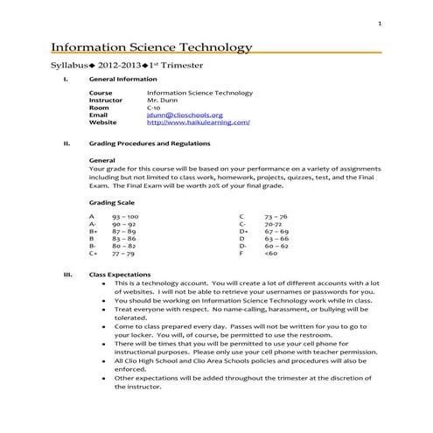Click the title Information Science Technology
[x=152, y=46]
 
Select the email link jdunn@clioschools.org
[x=185, y=115]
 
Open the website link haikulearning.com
[x=198, y=123]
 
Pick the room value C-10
[x=156, y=108]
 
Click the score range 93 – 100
[x=125, y=215]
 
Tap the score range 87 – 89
[x=124, y=231]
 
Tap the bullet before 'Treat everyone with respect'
[x=104, y=310]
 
